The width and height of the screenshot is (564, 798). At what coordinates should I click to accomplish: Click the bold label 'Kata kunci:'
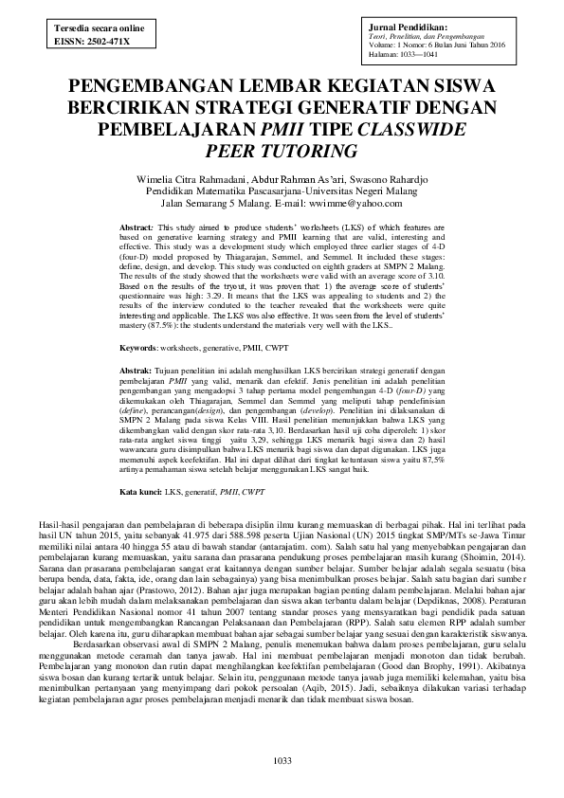[141, 493]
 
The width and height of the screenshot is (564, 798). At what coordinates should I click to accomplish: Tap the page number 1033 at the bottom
[282, 762]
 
